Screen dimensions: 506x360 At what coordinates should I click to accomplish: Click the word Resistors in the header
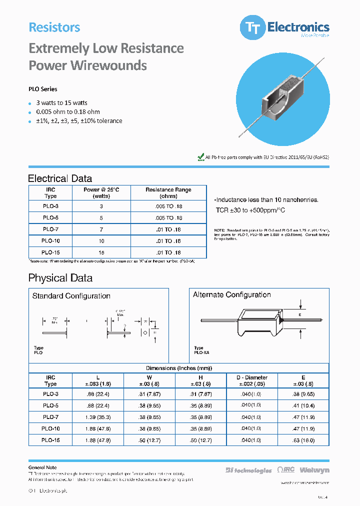(54, 27)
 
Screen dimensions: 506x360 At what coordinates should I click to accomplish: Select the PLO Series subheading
(43, 89)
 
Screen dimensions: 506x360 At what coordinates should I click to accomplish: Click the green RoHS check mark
(201, 157)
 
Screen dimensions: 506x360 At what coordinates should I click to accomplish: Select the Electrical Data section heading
(60, 178)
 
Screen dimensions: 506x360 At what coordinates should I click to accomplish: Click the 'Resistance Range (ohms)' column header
(168, 193)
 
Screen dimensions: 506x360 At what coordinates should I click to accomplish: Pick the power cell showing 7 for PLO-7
(101, 229)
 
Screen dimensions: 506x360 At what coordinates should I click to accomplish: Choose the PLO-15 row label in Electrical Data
(50, 253)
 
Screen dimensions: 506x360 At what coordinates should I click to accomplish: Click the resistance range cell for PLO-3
(168, 206)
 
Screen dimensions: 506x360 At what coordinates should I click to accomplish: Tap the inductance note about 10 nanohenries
(266, 199)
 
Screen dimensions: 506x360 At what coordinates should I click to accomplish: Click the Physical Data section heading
(60, 278)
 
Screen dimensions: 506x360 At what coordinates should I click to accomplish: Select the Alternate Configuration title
(232, 295)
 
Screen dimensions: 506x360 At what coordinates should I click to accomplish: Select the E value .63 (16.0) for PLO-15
(303, 440)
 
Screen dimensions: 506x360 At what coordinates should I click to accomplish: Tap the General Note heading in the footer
(42, 467)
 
